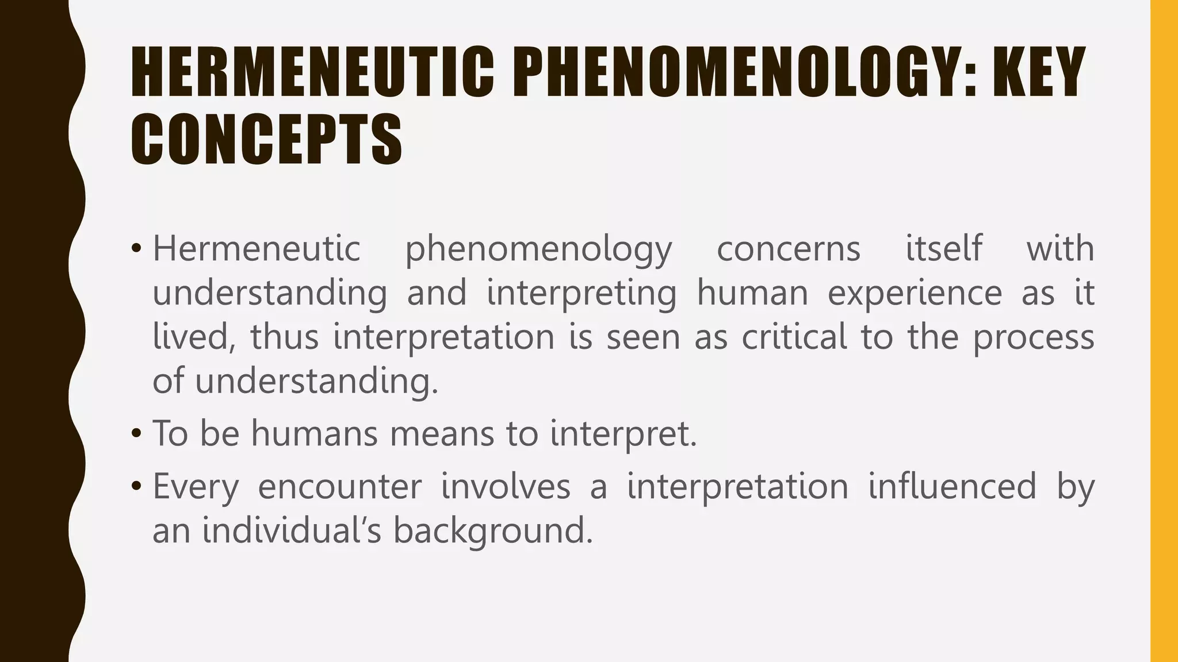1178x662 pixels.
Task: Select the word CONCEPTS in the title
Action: pos(266,140)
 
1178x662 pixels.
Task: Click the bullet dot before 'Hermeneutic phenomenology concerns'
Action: pos(136,249)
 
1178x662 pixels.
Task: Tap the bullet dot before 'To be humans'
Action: pos(136,434)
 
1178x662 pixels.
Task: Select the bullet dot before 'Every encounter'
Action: pos(136,487)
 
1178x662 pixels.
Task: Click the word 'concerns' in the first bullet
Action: pos(789,249)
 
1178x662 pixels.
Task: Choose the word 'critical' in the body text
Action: pos(794,337)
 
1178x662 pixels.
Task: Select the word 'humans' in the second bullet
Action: pos(315,433)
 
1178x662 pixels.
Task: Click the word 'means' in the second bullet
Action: pos(442,434)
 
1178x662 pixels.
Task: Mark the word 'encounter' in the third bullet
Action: pos(340,487)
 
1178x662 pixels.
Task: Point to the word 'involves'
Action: pos(506,486)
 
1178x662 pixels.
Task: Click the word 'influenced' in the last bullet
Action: pos(952,486)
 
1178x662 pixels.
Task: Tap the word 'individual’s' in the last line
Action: pos(292,530)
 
